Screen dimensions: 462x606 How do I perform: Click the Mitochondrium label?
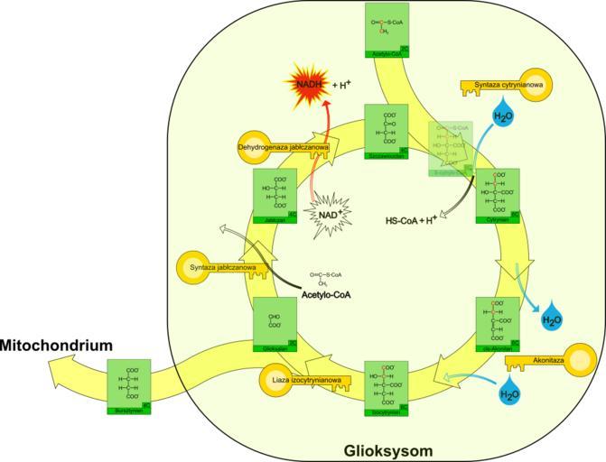56,346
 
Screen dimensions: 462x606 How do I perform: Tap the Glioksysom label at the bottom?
387,449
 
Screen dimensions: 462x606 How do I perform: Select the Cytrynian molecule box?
498,194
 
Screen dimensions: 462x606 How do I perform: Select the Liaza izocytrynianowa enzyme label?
307,381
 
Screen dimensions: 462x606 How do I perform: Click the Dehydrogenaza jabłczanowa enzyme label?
283,145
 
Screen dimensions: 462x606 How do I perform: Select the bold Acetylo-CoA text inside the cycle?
326,295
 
